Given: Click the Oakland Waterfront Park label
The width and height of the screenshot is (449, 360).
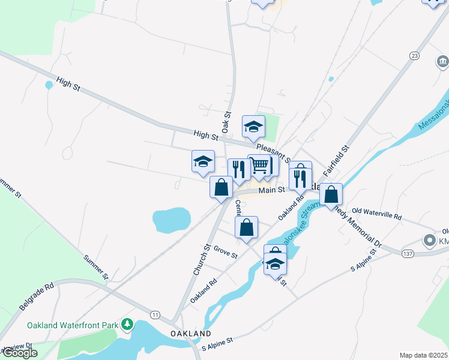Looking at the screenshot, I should click(x=73, y=325).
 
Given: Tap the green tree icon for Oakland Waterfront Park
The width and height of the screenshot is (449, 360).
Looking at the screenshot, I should click(x=127, y=325).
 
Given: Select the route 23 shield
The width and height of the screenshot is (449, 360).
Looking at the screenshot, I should click(x=414, y=55).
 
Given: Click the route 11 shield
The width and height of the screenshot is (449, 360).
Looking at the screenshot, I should click(x=155, y=314).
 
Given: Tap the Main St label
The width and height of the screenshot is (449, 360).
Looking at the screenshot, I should click(x=271, y=190).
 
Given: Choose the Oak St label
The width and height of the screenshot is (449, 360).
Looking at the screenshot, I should click(x=226, y=123).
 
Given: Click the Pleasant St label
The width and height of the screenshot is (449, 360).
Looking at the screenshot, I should click(x=273, y=152).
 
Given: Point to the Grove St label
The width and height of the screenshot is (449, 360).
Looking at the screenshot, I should click(x=226, y=253).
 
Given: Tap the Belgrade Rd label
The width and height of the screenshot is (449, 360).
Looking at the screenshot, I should click(x=37, y=296).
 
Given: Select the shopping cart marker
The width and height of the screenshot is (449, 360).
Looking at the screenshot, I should click(x=259, y=165).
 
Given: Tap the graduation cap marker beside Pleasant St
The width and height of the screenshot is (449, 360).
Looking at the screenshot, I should click(x=253, y=126).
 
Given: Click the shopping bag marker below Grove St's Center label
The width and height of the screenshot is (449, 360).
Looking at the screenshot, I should click(x=246, y=227).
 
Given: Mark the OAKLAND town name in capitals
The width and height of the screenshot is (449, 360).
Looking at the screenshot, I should click(x=190, y=333).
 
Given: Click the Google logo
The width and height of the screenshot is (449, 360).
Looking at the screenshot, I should click(x=19, y=353).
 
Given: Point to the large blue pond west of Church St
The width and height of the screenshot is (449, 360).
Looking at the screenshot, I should click(x=171, y=219).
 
